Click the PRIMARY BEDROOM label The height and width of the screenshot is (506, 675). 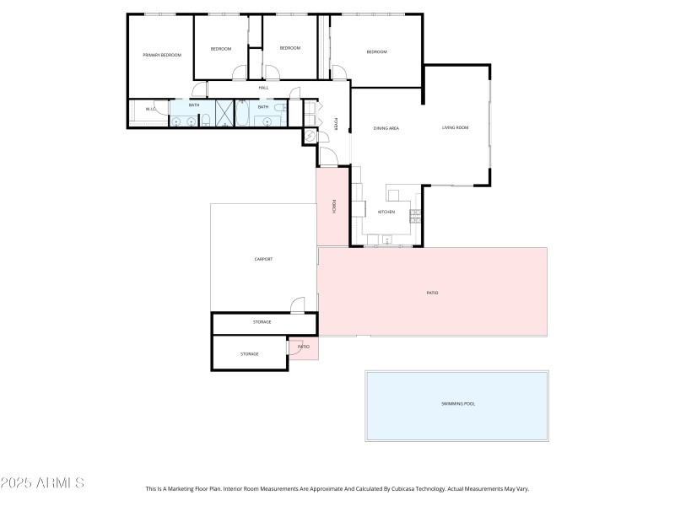[162, 55]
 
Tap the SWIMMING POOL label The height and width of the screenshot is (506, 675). [458, 404]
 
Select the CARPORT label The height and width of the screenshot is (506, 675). [263, 259]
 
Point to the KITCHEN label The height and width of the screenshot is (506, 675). [386, 212]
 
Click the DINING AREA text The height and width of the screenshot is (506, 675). [386, 128]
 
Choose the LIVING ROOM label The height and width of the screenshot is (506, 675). [455, 128]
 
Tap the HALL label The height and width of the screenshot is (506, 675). [263, 88]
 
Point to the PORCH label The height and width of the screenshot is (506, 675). [335, 206]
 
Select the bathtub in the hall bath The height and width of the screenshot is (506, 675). [242, 113]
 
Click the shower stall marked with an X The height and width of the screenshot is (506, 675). [224, 113]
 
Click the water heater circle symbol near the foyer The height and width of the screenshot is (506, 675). [310, 137]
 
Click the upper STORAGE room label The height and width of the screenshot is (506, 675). [262, 322]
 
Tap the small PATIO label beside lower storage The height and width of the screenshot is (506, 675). [304, 347]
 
